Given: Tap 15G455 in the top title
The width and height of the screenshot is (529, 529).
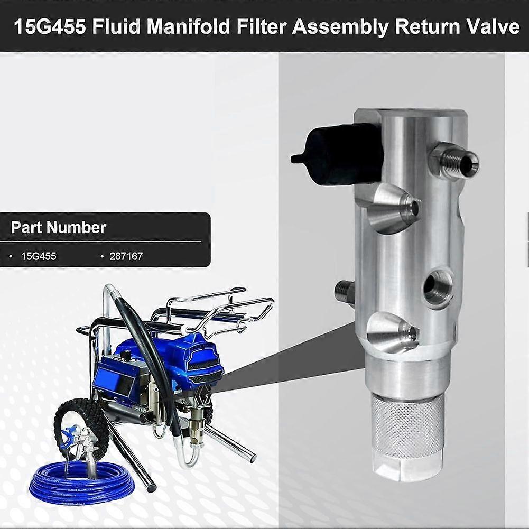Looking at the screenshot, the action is tap(50, 26).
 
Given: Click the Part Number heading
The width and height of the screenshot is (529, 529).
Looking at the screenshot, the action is tap(59, 227).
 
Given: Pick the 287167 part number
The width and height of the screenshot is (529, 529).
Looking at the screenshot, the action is tap(126, 256).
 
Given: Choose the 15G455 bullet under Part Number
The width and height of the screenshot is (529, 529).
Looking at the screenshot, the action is tap(39, 256).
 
